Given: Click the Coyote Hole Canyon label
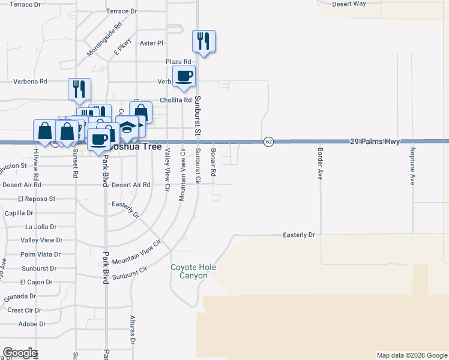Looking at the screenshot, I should point(193,272).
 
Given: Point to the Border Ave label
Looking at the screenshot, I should point(321,164).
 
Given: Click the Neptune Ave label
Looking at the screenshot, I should point(412,166).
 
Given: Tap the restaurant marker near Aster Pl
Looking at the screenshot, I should point(203,41).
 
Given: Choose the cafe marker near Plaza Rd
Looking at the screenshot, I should point(184,76).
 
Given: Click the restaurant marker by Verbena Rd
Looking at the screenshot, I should point(79,89).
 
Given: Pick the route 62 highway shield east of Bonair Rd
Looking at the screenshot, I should point(268,142).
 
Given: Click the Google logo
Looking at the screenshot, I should point(19,353).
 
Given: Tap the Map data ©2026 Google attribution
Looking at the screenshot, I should point(411,355).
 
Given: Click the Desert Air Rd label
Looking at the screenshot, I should point(131,185).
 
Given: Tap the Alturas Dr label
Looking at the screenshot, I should point(133,331).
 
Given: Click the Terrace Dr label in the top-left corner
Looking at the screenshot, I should point(25,4).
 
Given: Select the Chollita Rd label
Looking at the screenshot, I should point(175,100).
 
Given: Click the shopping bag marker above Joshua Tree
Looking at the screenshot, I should point(140,112).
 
